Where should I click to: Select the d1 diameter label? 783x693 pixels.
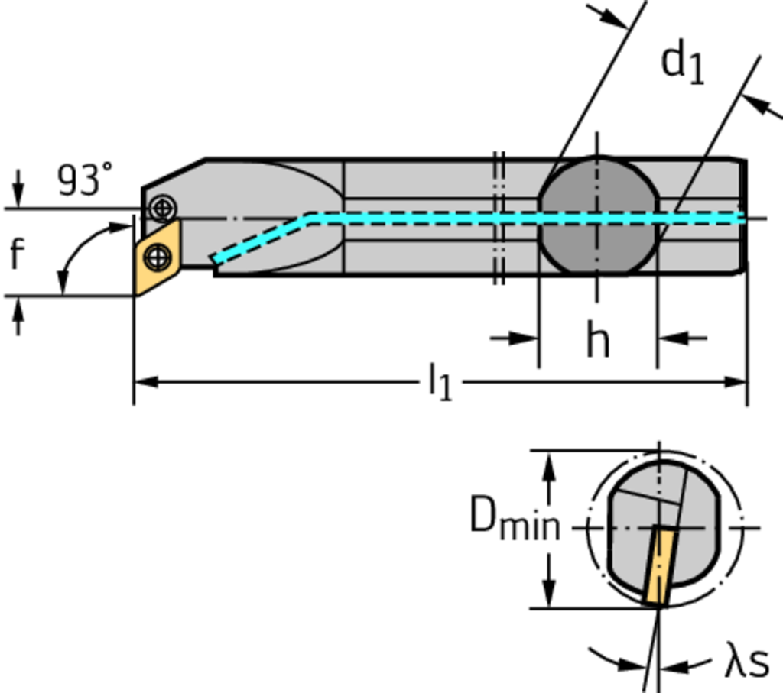(682, 63)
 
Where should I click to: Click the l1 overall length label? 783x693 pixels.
(440, 381)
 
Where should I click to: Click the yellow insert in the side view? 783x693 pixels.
(158, 258)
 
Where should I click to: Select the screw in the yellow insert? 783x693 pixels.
(157, 257)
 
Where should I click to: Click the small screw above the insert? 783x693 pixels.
(163, 207)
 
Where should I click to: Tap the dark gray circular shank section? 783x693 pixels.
(597, 217)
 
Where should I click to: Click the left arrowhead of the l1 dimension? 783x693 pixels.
(145, 381)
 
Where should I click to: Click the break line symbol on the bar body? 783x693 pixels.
(499, 218)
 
